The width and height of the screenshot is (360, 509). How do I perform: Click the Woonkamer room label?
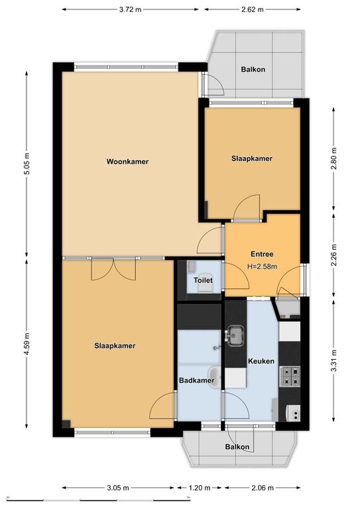[x=127, y=161]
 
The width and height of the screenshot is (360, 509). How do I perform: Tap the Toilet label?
[x=204, y=280]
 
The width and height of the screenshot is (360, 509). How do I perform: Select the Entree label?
[x=262, y=254]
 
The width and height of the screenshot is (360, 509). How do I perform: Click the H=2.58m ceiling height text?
[x=262, y=266]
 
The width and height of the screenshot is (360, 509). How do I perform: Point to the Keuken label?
[x=261, y=361]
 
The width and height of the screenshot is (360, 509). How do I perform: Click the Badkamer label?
[x=197, y=380]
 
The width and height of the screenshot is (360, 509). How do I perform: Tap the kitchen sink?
[x=235, y=335]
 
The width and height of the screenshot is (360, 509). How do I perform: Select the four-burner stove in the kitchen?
[x=290, y=376]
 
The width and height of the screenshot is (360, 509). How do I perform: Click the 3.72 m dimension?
[x=130, y=9]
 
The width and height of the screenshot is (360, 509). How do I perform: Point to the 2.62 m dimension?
[x=252, y=9]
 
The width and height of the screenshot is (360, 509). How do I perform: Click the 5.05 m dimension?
[x=27, y=164]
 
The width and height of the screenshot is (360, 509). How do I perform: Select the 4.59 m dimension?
[x=27, y=343]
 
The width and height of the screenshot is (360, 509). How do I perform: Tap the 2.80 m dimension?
[x=333, y=159]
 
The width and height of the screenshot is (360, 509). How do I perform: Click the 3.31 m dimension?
[x=333, y=361]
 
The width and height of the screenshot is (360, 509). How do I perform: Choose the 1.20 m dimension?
[x=200, y=488]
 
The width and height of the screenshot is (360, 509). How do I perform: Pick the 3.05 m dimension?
[x=118, y=488]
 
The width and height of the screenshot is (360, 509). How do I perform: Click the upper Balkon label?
[x=253, y=69]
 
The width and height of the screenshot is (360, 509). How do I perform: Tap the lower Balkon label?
[x=237, y=447]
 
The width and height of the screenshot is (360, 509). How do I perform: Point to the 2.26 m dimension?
[x=333, y=255]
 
